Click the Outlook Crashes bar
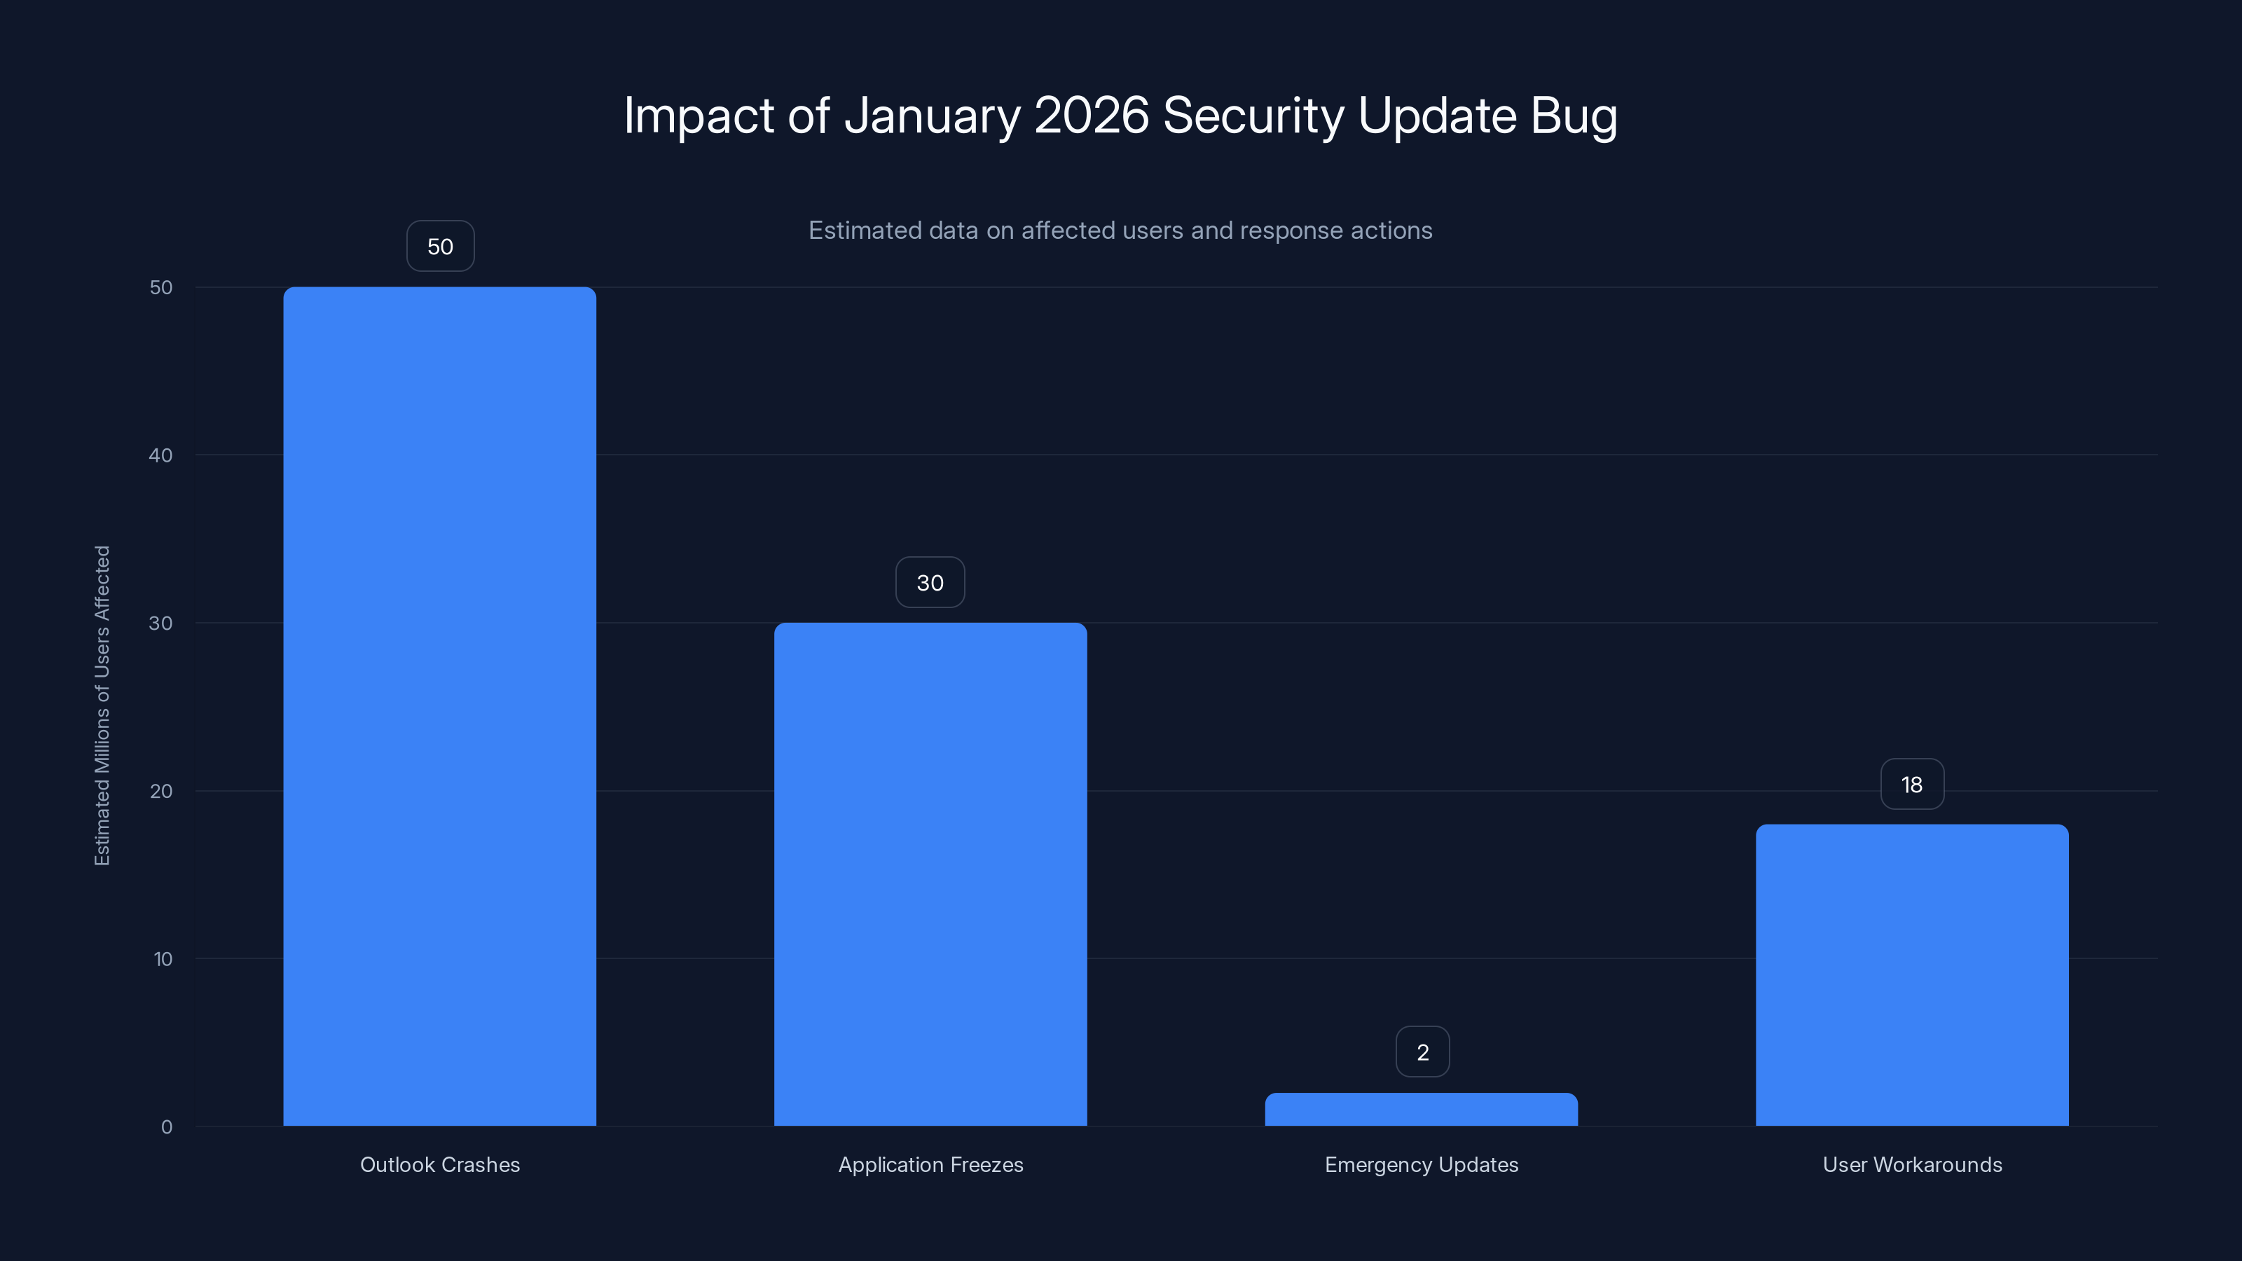tap(439, 705)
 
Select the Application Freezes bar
tap(930, 874)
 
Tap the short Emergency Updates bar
tap(1422, 1110)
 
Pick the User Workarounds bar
tap(1912, 974)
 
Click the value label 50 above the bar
tap(441, 247)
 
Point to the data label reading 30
tap(930, 583)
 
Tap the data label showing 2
tap(1422, 1052)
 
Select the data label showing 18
tap(1912, 785)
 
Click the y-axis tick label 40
tap(161, 455)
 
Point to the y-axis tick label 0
tap(167, 1127)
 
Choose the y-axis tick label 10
tap(163, 959)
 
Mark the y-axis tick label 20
tap(161, 791)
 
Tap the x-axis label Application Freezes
tap(930, 1164)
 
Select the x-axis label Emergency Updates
tap(1422, 1164)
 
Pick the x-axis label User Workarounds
tap(1912, 1164)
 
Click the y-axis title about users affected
tap(102, 705)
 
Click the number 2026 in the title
tap(1092, 115)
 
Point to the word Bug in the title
tap(1574, 115)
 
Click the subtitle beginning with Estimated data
tap(1120, 230)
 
